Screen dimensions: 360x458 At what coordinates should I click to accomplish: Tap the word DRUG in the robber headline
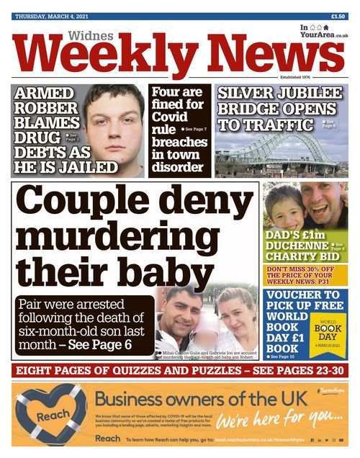tap(39, 137)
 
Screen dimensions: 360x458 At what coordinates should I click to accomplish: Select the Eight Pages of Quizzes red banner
tap(180, 372)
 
